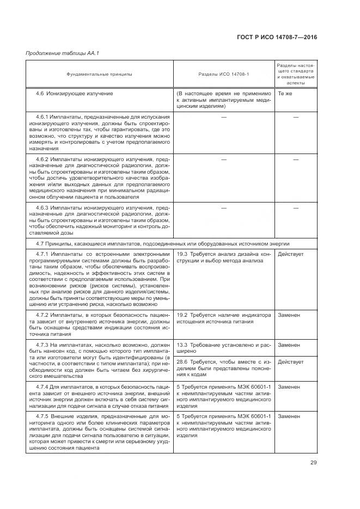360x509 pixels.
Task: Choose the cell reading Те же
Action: (285, 94)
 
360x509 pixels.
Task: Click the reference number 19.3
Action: (182, 254)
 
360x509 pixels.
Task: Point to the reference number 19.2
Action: (182, 315)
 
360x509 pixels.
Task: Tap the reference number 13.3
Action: (182, 345)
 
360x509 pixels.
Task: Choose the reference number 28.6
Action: (182, 362)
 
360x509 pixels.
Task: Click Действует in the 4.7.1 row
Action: (291, 254)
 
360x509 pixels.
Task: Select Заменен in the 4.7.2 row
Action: (289, 315)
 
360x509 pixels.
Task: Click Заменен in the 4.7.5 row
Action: (289, 416)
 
